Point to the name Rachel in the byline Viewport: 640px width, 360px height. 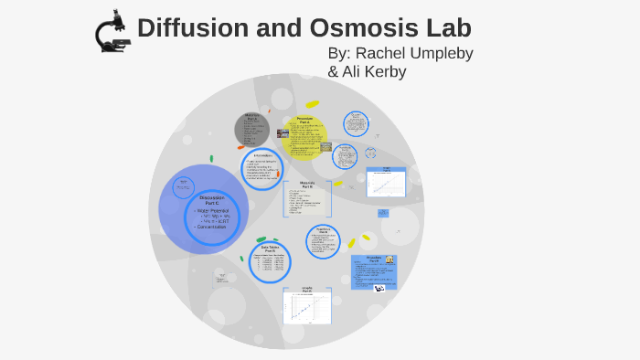pos(383,53)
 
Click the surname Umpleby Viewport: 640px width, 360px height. pos(442,53)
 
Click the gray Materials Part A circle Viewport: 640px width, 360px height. pos(251,130)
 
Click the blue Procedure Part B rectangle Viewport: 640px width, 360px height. pos(373,271)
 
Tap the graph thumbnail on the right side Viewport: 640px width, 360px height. pos(386,183)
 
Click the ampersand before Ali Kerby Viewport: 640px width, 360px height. pos(334,71)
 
